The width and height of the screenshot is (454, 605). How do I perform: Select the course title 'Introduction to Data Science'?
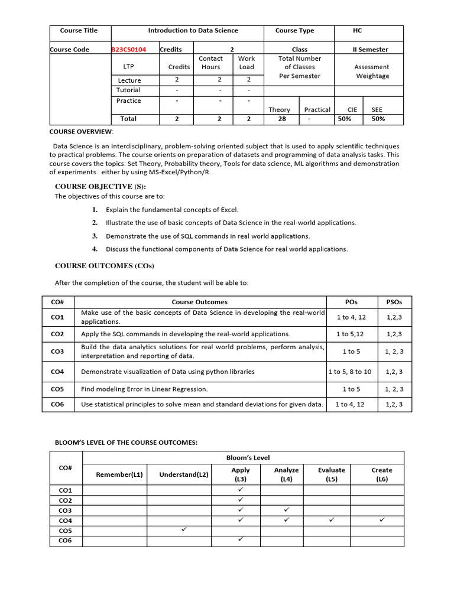(193, 31)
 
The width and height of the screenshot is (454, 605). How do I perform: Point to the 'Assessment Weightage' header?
(371, 71)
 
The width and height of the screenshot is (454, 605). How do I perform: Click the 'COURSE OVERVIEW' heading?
(81, 131)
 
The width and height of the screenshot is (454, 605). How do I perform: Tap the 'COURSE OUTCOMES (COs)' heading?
(104, 266)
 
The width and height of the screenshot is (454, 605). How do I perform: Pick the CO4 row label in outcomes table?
(57, 372)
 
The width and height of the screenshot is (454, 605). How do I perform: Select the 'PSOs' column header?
(394, 302)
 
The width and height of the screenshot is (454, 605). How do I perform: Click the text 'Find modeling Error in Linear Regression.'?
(144, 389)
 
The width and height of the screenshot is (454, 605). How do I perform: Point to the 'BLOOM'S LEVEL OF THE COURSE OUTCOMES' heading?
(126, 443)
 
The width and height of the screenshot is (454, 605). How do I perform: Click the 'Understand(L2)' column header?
(184, 474)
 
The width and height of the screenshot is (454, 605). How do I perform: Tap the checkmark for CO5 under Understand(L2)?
(184, 530)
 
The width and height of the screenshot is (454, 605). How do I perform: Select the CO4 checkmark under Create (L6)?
(382, 520)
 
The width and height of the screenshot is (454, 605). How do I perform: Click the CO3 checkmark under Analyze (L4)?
(286, 510)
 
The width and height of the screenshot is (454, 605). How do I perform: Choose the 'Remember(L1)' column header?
(119, 474)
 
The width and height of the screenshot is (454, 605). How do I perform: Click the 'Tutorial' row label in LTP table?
(128, 90)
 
